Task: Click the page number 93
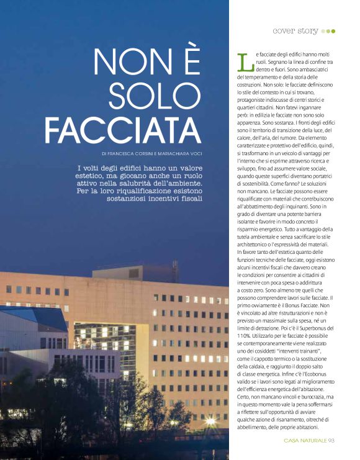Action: (331, 441)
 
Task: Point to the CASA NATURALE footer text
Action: (305, 441)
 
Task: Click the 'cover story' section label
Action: (295, 30)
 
